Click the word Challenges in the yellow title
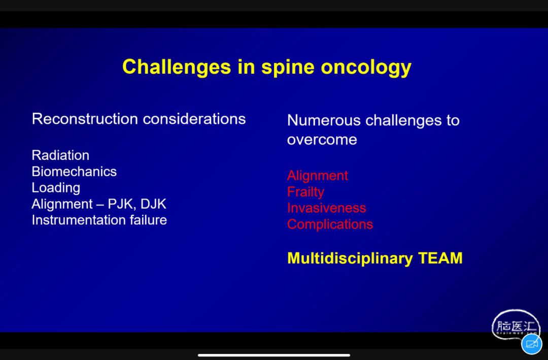click(177, 67)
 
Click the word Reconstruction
click(85, 119)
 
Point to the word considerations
click(194, 119)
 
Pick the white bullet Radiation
click(60, 155)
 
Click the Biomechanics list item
click(74, 172)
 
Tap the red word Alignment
click(318, 176)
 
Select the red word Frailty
click(306, 192)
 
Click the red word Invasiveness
click(327, 208)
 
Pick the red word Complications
click(330, 224)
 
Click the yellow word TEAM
click(440, 258)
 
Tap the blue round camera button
click(532, 344)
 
